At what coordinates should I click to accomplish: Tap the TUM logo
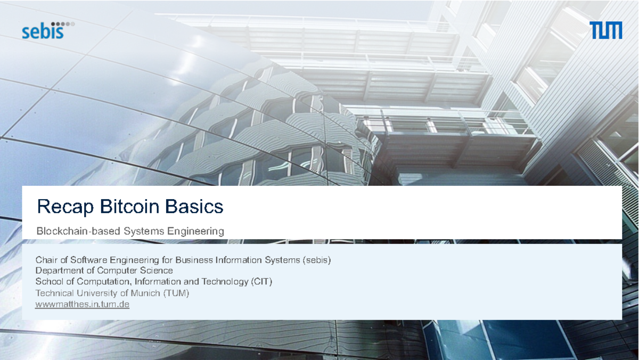[x=606, y=30]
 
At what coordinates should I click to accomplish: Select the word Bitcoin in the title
[x=126, y=206]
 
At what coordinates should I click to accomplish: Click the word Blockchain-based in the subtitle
[x=78, y=231]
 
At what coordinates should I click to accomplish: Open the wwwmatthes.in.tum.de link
[x=83, y=305]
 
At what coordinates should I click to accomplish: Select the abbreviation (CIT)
[x=261, y=282]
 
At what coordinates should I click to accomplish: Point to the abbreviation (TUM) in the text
[x=176, y=293]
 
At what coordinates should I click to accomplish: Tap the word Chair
[x=46, y=260]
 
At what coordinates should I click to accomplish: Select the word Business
[x=194, y=260]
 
